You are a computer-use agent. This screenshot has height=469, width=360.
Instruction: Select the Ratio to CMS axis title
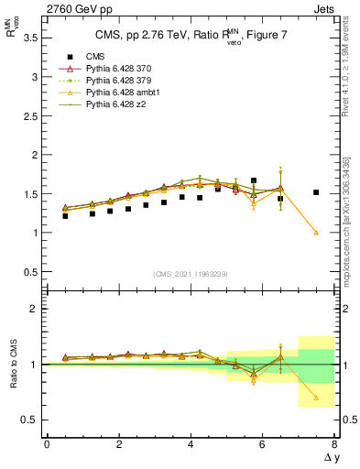[x=14, y=364]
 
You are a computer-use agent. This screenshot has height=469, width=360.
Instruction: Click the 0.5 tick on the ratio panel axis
[x=31, y=420]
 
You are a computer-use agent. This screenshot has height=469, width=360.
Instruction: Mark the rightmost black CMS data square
[x=316, y=192]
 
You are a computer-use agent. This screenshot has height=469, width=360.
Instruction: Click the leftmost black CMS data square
[x=65, y=216]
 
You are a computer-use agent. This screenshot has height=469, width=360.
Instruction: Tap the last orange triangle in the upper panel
[x=316, y=232]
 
